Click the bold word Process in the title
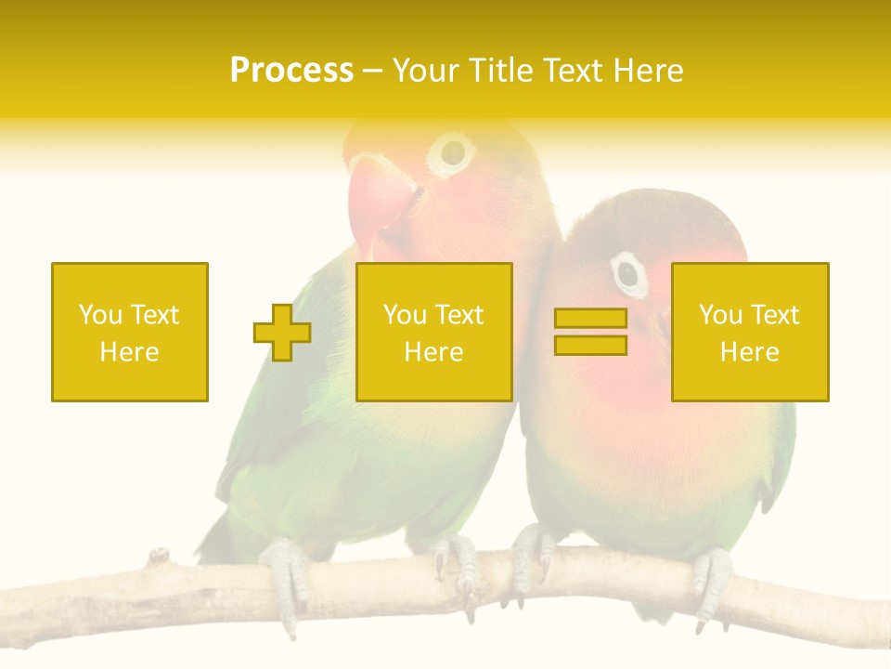(x=291, y=71)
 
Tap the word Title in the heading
(x=500, y=71)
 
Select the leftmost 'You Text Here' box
(x=130, y=332)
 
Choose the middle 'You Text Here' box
(x=433, y=332)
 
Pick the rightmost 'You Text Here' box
(x=750, y=332)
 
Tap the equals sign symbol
(x=590, y=332)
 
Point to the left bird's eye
(x=452, y=152)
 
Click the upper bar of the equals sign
(x=590, y=319)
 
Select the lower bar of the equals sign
(x=590, y=345)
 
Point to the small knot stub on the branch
(x=159, y=556)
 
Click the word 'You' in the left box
(x=99, y=315)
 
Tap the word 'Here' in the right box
(x=750, y=352)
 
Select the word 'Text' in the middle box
(x=459, y=315)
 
